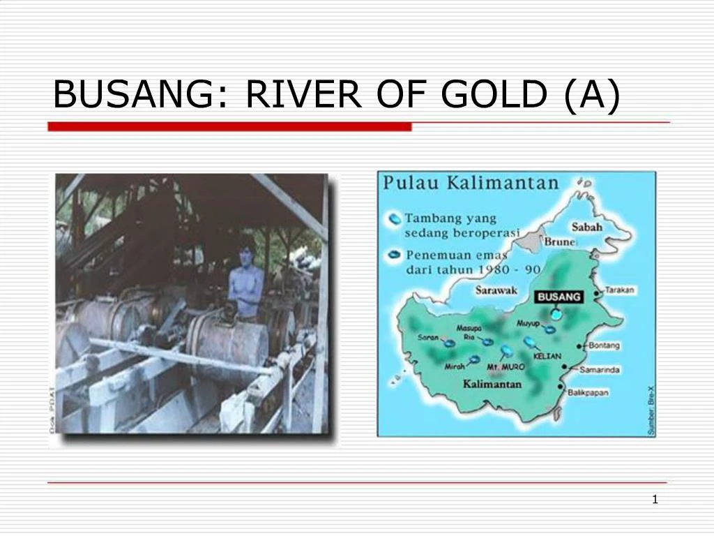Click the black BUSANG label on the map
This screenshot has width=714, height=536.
point(559,297)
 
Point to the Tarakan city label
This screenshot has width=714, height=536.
point(619,290)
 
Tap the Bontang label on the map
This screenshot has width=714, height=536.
point(605,345)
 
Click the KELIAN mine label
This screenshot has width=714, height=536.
point(547,356)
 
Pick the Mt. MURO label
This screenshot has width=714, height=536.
point(506,367)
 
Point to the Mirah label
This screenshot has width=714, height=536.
point(455,366)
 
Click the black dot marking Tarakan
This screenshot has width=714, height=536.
point(597,293)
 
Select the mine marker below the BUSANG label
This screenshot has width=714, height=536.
point(556,313)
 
